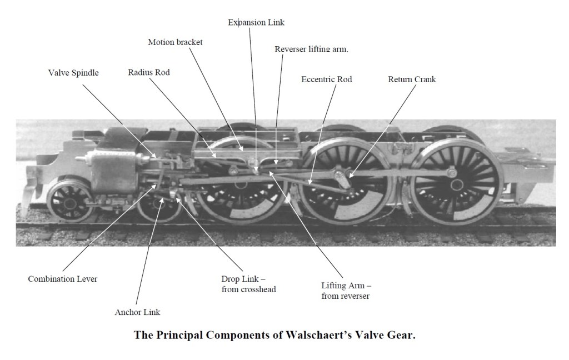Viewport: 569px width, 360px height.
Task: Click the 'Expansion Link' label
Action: pyautogui.click(x=256, y=23)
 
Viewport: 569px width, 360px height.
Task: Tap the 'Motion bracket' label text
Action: pyautogui.click(x=175, y=43)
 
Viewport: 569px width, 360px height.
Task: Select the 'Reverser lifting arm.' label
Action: pyautogui.click(x=311, y=49)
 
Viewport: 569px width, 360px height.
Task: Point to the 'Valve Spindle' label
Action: pyautogui.click(x=73, y=73)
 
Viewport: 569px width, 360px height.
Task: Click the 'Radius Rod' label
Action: pyautogui.click(x=149, y=73)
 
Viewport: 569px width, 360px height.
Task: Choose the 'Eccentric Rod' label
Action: pyautogui.click(x=327, y=79)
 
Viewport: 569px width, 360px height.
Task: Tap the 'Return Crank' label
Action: pyautogui.click(x=412, y=79)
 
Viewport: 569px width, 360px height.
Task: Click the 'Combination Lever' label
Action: pyautogui.click(x=63, y=279)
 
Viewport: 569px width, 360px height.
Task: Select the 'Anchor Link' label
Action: pyautogui.click(x=137, y=312)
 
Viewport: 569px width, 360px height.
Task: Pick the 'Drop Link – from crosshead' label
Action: pyautogui.click(x=248, y=283)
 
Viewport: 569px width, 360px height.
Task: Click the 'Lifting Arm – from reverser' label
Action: pyautogui.click(x=346, y=291)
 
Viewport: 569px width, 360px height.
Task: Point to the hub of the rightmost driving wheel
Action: pyautogui.click(x=452, y=174)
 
